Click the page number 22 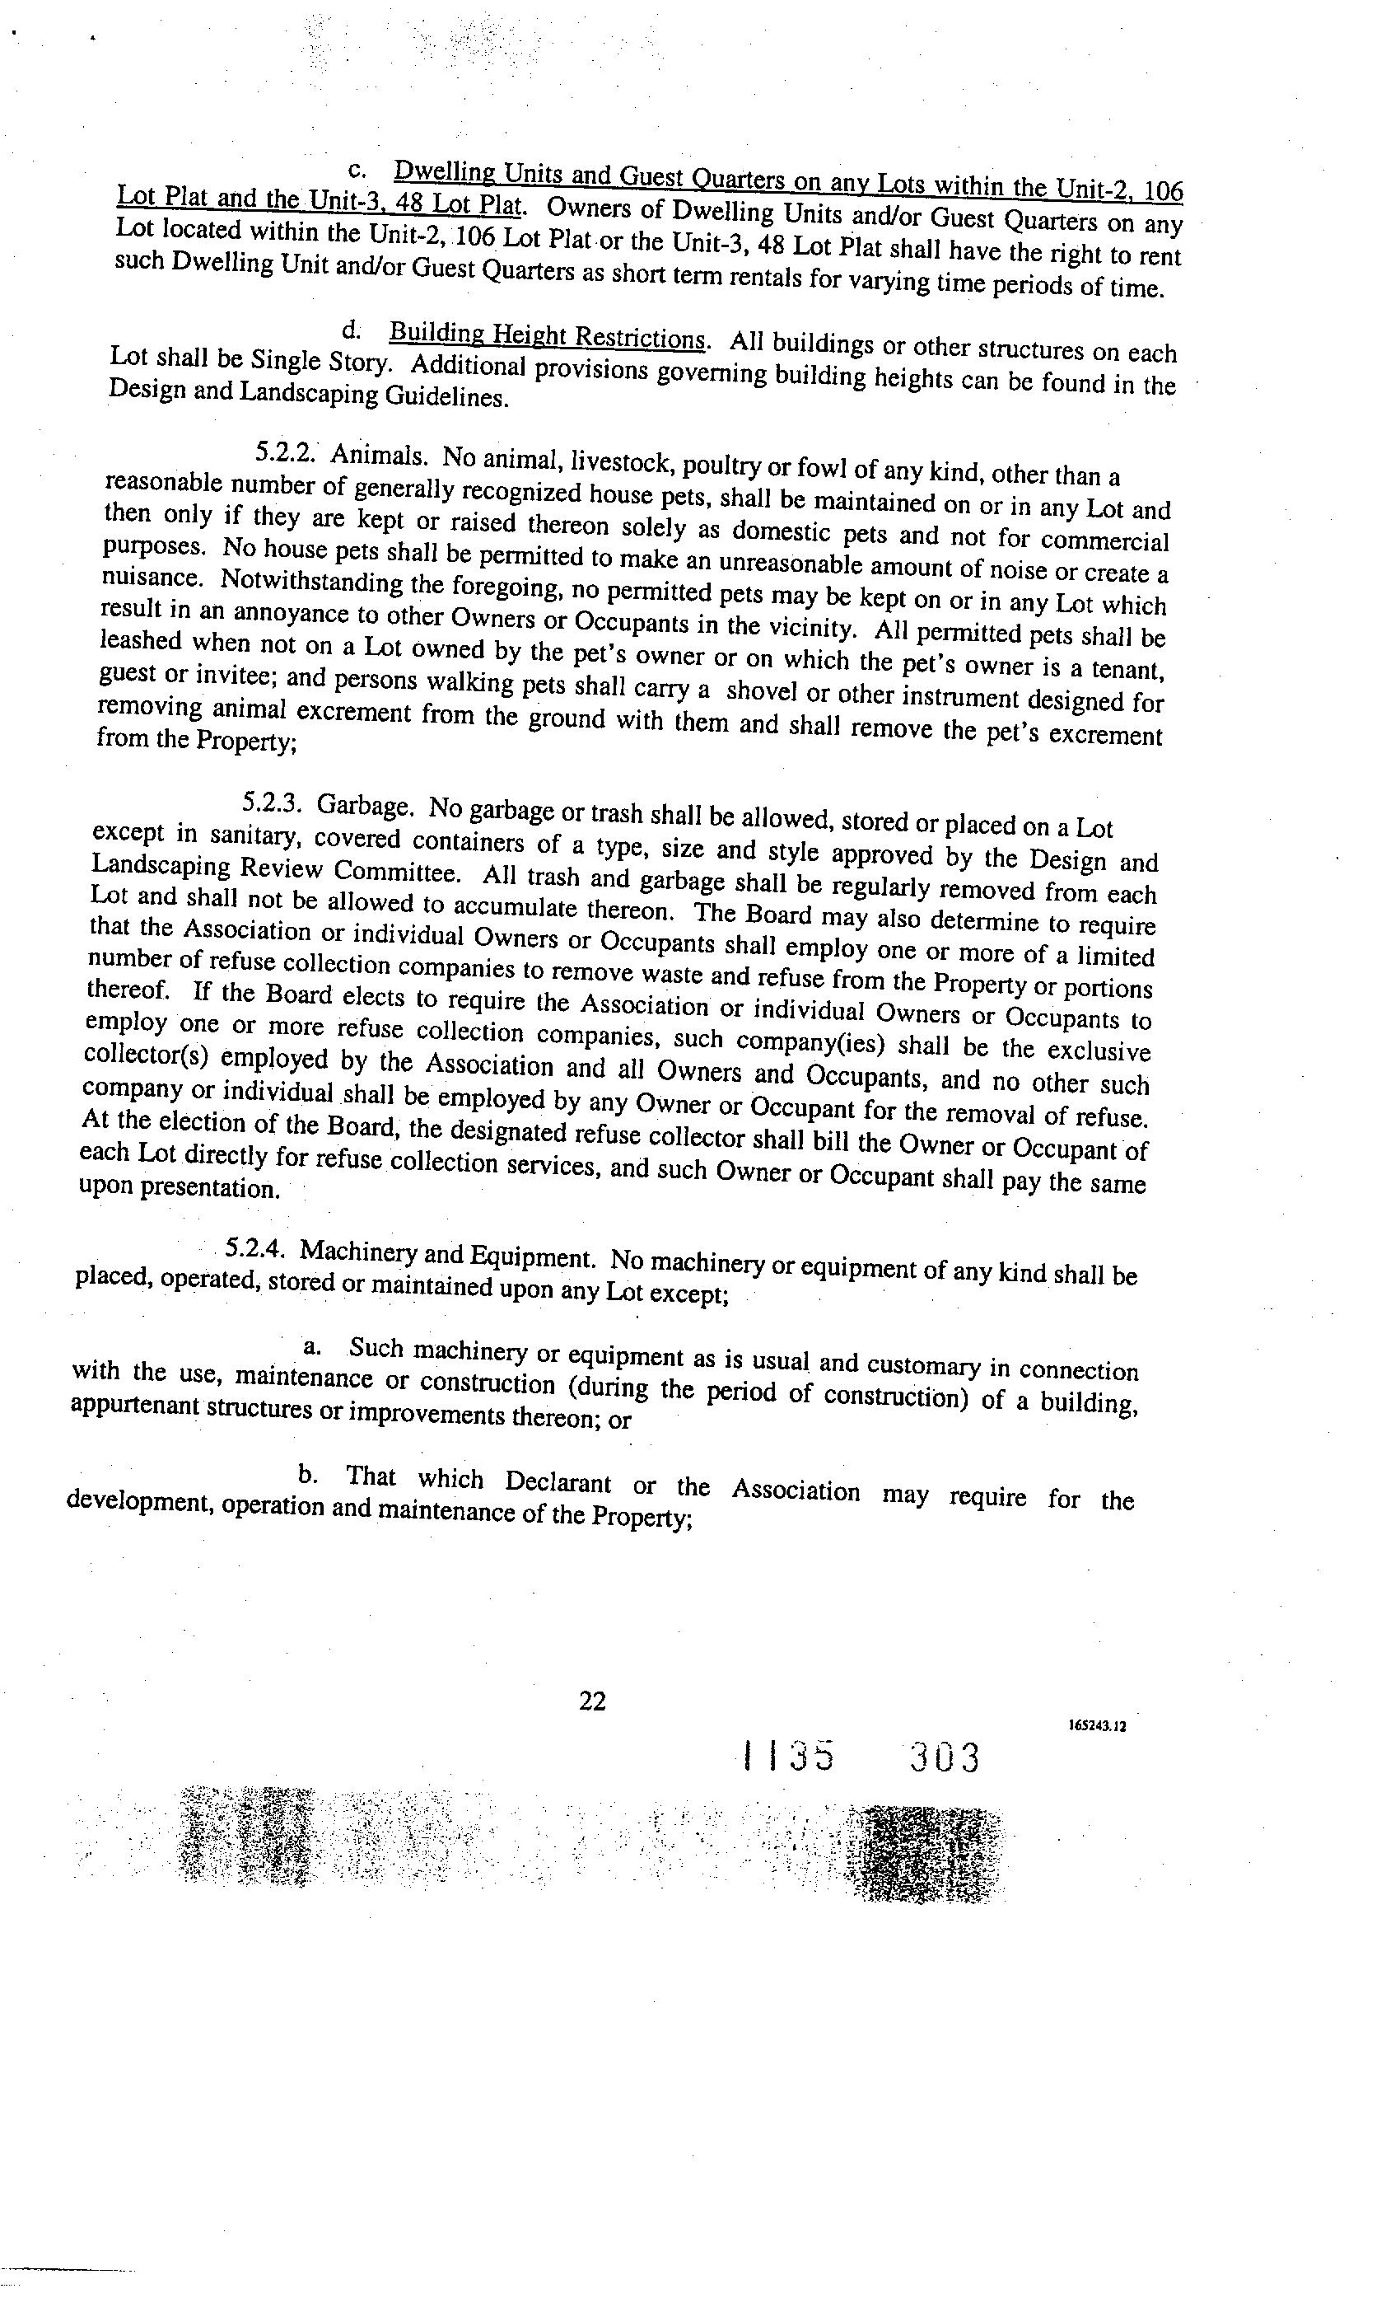coord(591,1701)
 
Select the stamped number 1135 coord(787,1757)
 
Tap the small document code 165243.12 coord(1096,1725)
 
